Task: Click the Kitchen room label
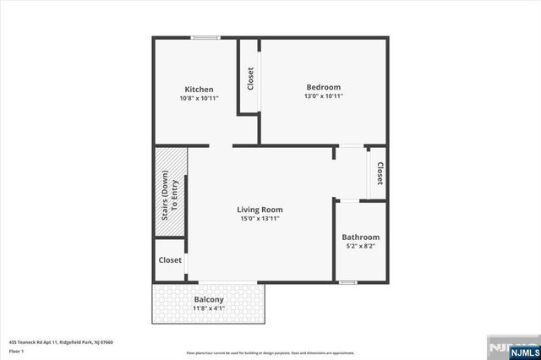(x=199, y=89)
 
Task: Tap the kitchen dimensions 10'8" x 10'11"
(x=199, y=98)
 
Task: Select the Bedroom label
(x=323, y=87)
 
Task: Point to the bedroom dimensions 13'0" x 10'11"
(x=323, y=96)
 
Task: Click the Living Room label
(x=260, y=210)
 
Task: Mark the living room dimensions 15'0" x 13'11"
(x=260, y=219)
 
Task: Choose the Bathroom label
(x=361, y=237)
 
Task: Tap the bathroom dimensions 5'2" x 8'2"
(x=361, y=247)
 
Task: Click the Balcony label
(x=209, y=300)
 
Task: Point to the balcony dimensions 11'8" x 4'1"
(x=209, y=309)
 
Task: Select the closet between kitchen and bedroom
(x=249, y=78)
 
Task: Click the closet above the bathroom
(x=379, y=173)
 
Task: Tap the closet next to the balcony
(x=170, y=260)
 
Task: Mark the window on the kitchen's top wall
(x=205, y=37)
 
